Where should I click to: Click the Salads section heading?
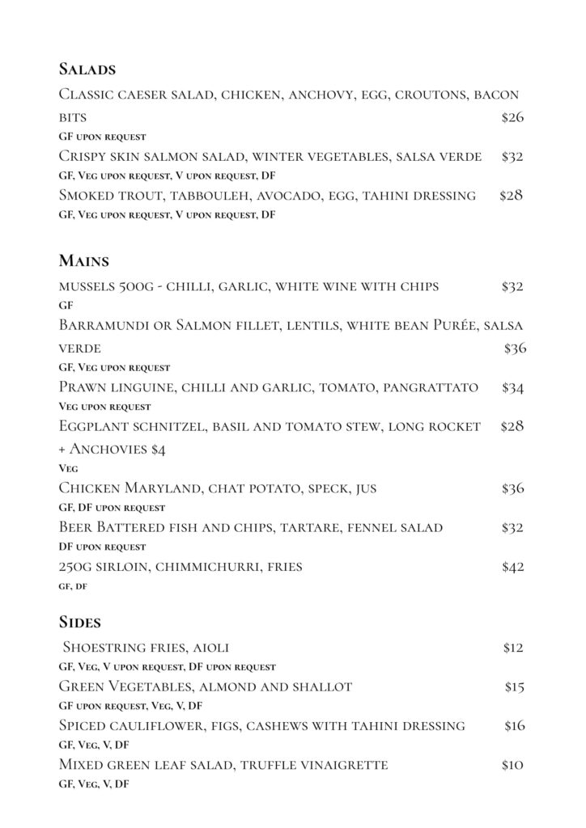(87, 69)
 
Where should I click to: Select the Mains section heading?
(83, 261)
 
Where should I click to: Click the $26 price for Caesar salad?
(512, 118)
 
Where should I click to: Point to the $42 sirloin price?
(512, 567)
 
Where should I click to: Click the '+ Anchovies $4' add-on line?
(113, 450)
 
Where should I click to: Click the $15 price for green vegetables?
(514, 687)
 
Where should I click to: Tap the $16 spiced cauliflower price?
(514, 726)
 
